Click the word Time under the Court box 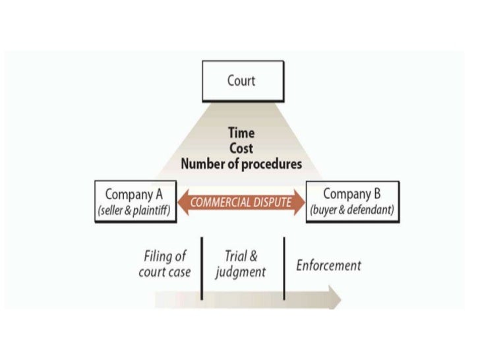coord(241,134)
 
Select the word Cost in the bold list coord(241,148)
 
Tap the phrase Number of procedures coord(241,163)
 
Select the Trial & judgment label coord(241,264)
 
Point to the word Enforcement coord(328,266)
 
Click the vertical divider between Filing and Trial coord(202,266)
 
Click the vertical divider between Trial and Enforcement coord(284,266)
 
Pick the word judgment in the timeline coord(241,272)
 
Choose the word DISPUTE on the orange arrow coord(270,202)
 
